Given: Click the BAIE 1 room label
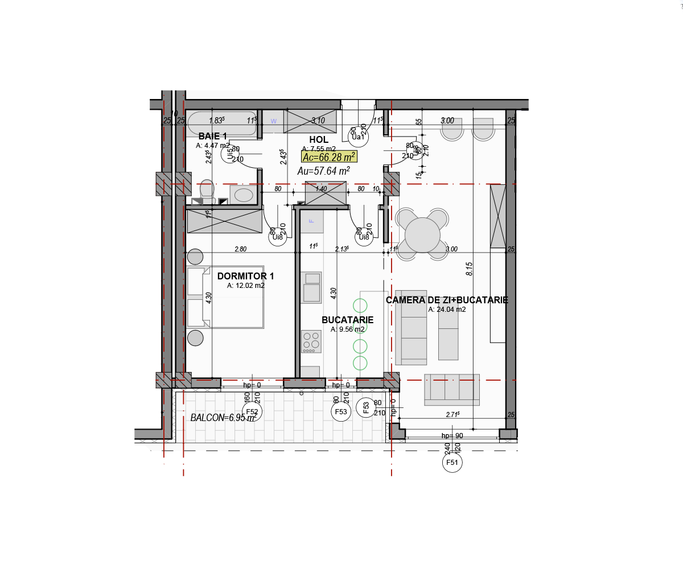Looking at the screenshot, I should (213, 137).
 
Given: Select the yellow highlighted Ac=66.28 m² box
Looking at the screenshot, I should (330, 157).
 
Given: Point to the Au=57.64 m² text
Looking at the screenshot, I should (323, 171).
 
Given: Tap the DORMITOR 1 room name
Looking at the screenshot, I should (245, 277).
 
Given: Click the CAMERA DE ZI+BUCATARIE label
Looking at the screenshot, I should (447, 300).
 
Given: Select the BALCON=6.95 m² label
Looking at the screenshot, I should (223, 418).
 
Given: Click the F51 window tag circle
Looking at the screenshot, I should (452, 463).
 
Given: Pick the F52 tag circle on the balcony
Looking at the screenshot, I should (252, 412).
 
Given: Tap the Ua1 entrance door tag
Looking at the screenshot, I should (358, 137).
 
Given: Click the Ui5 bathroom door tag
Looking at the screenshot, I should (229, 154).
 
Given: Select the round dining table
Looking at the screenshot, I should (422, 235).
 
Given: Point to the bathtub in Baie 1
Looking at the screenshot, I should (222, 123).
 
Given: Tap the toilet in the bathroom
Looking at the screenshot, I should (207, 191).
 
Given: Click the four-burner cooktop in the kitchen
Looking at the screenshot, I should (311, 341).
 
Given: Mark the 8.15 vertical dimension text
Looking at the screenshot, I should (470, 269).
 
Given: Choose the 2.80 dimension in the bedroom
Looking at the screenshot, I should (241, 249).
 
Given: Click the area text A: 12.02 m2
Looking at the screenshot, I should (246, 286).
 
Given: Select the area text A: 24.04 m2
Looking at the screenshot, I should (447, 310).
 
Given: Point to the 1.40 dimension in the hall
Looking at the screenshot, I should (322, 189).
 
